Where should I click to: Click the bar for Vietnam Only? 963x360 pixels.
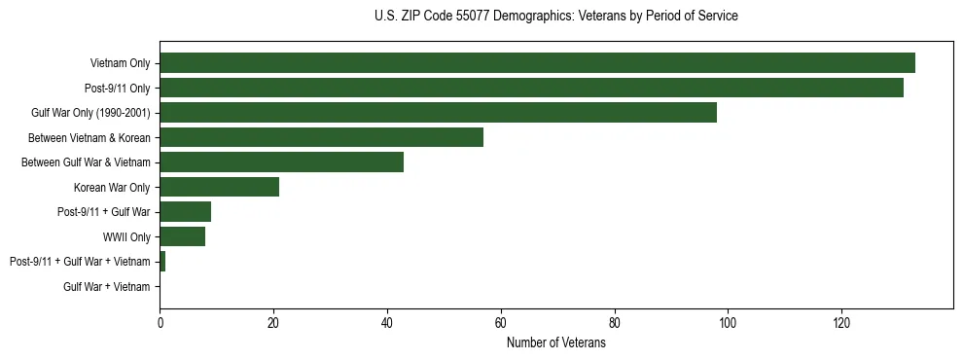(x=537, y=63)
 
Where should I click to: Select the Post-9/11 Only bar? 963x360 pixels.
(x=531, y=88)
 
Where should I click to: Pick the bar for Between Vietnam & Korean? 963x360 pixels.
(x=321, y=137)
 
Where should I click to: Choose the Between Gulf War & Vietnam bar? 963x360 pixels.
(x=281, y=162)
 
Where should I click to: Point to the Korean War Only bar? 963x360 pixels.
(x=219, y=187)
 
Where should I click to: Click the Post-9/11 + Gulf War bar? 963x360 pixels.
(x=185, y=212)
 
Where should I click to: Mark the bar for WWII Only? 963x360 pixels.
(x=182, y=236)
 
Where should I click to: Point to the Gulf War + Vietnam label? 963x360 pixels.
(x=107, y=286)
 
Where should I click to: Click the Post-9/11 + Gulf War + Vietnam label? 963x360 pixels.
(x=80, y=262)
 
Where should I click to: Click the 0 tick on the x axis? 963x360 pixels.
(x=160, y=324)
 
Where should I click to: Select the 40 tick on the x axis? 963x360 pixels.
(x=387, y=324)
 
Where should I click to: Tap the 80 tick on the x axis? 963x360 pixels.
(x=615, y=324)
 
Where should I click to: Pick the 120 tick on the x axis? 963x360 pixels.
(x=841, y=324)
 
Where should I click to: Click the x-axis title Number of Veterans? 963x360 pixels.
(x=555, y=342)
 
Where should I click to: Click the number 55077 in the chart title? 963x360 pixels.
(x=476, y=17)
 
